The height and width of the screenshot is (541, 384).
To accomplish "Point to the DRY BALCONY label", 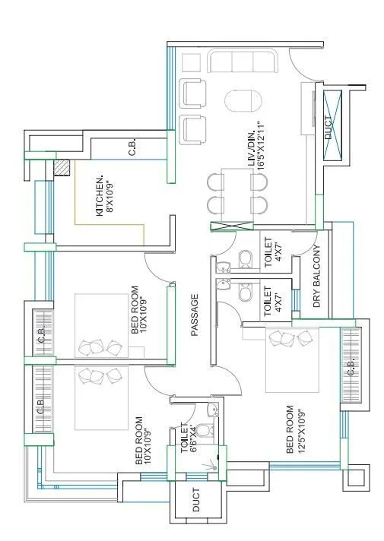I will click(318, 277).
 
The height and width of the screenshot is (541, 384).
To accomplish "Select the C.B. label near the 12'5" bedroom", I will click(351, 367).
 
